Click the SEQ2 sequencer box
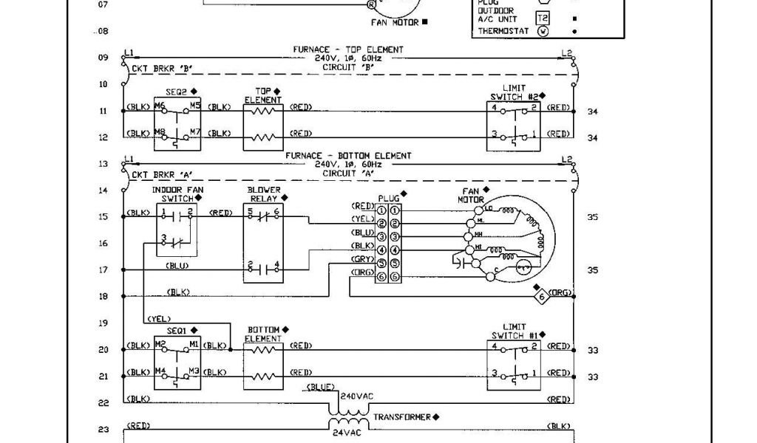coord(177,123)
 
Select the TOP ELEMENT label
coord(263,96)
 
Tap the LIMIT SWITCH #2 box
coord(515,123)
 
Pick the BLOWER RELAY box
coord(265,243)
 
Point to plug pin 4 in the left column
coord(382,250)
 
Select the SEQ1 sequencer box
coord(177,363)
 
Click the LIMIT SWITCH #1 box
coord(515,363)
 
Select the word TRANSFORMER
coord(402,417)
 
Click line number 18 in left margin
coord(103,297)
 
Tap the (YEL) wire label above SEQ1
coord(159,319)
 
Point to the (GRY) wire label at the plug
coord(362,262)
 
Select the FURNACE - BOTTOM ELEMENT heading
coord(348,157)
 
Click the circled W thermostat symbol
coord(543,32)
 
